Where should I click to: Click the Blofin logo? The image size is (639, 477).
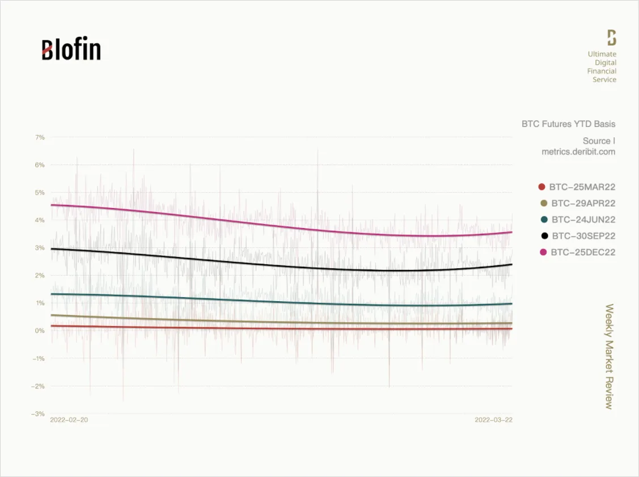pos(71,49)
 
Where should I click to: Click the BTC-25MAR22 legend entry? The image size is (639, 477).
pos(577,187)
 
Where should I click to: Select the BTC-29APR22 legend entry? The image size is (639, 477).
pos(578,203)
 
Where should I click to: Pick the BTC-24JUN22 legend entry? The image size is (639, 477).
pos(578,219)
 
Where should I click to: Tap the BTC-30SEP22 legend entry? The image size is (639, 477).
pos(578,235)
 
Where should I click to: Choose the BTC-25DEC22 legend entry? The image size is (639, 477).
pos(577,252)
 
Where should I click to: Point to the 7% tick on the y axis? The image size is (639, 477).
pos(40,137)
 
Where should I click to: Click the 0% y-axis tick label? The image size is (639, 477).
pos(40,331)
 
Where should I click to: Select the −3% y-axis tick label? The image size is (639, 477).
pos(38,414)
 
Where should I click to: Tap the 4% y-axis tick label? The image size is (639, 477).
pos(40,220)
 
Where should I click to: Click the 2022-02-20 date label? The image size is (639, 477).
pos(69,420)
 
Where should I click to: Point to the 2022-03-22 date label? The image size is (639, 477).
pos(493,420)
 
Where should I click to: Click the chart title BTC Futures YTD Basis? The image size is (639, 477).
pos(569,124)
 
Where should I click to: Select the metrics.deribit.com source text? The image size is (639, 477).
pos(578,151)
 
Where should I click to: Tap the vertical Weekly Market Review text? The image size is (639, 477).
pos(609,356)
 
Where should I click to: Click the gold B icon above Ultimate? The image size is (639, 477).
pos(612,37)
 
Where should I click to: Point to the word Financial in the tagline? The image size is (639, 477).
pos(602,71)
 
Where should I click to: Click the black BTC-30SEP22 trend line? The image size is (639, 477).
pos(282,264)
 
